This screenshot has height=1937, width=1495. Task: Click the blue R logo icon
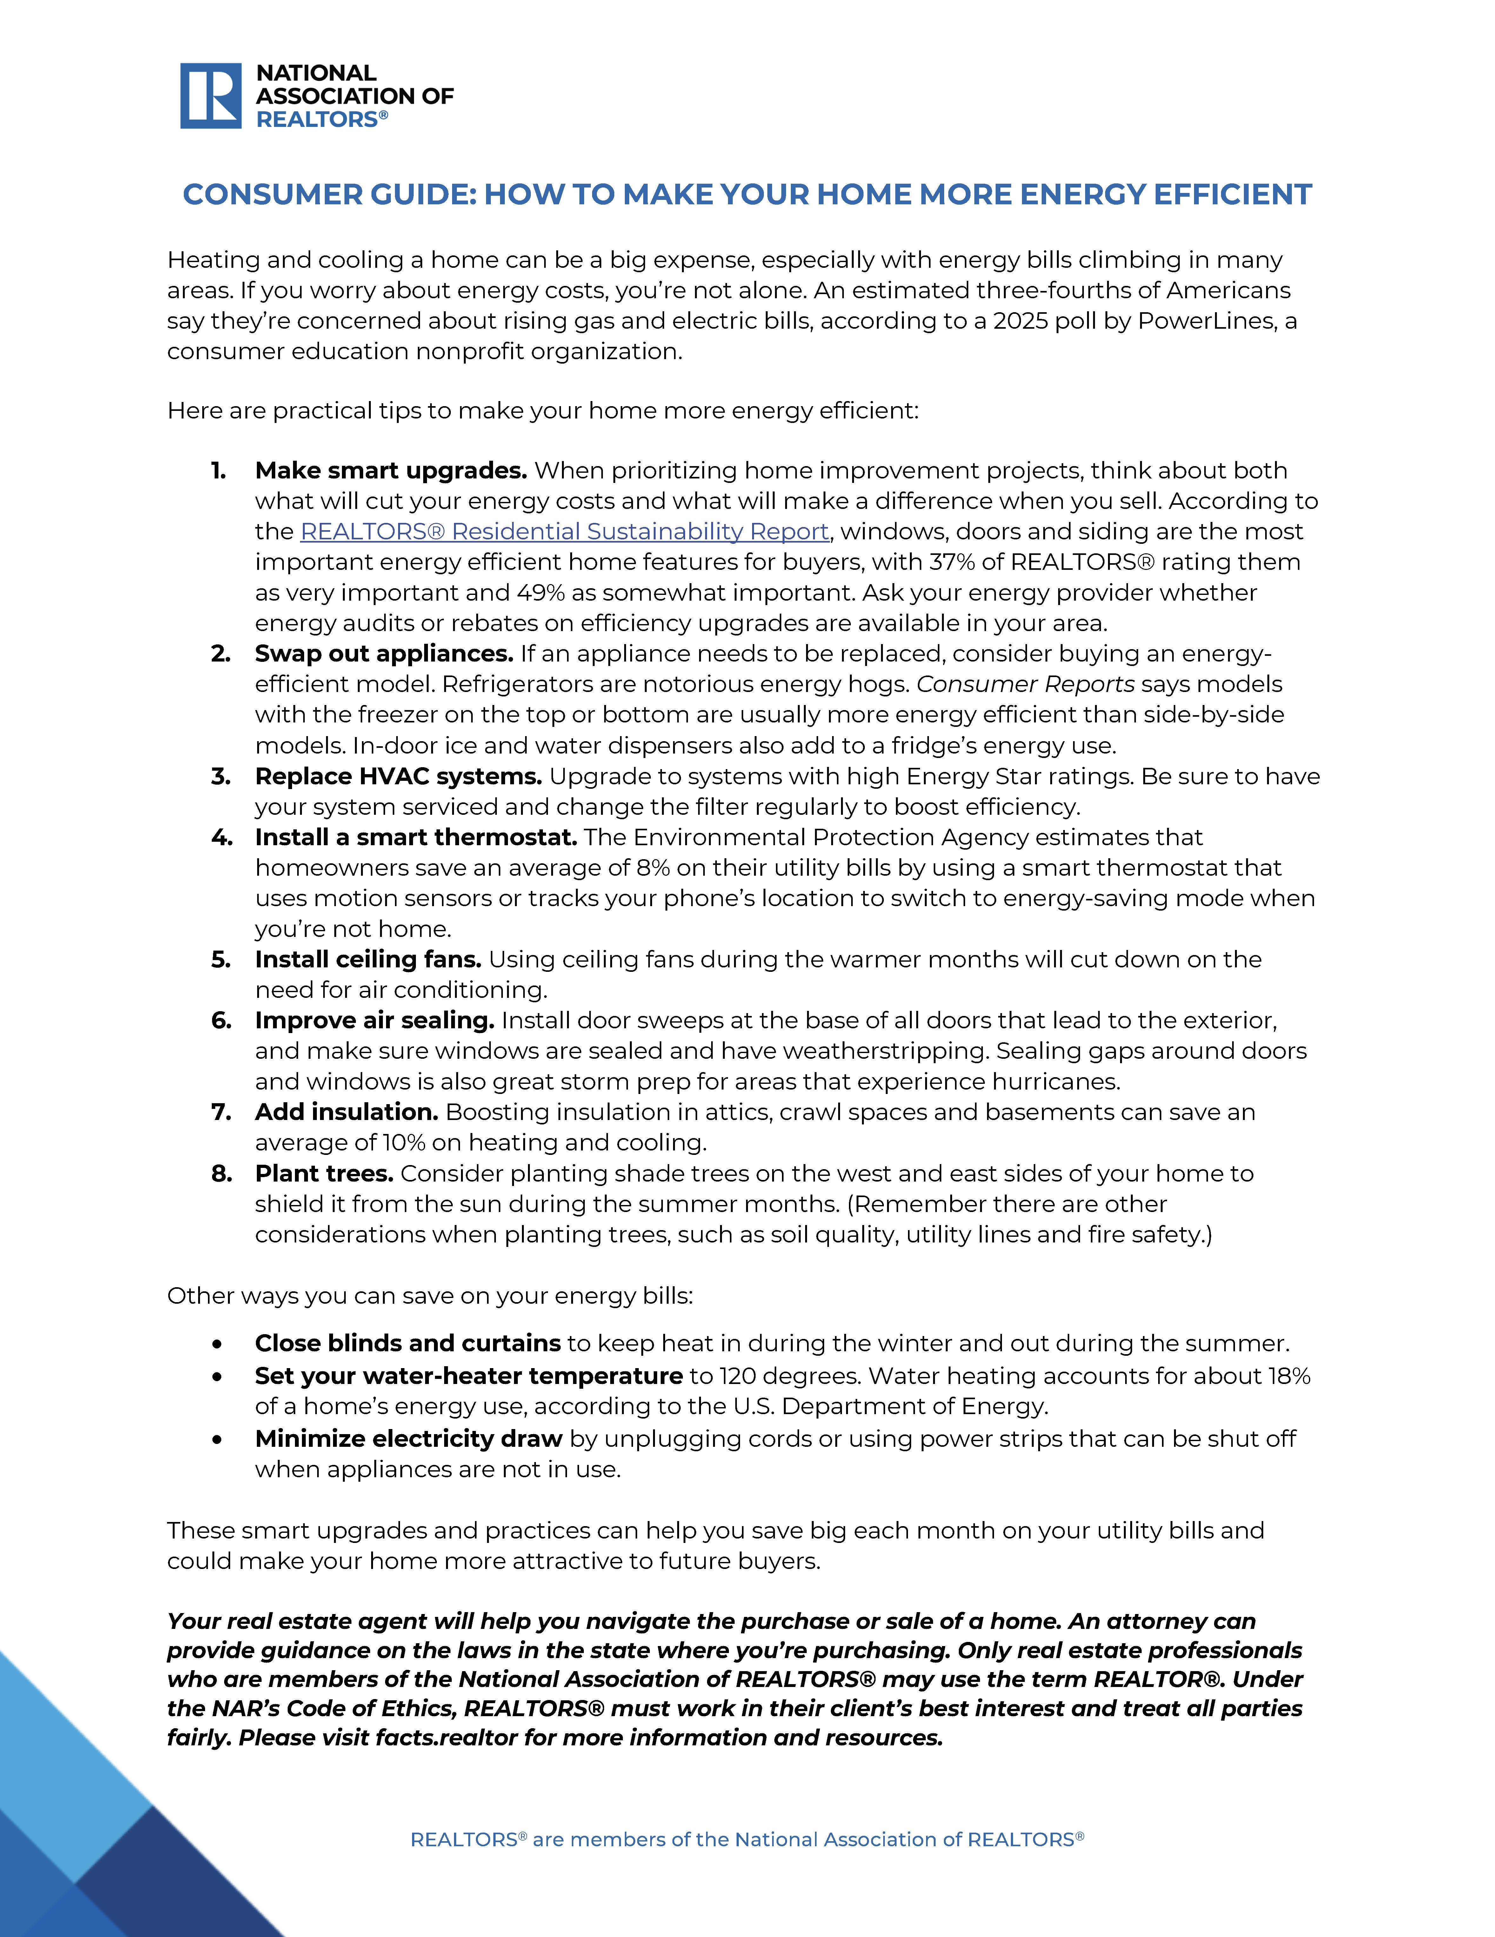point(210,96)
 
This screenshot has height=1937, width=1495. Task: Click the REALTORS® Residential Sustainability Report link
point(564,531)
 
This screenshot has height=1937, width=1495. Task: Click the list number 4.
point(221,837)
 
